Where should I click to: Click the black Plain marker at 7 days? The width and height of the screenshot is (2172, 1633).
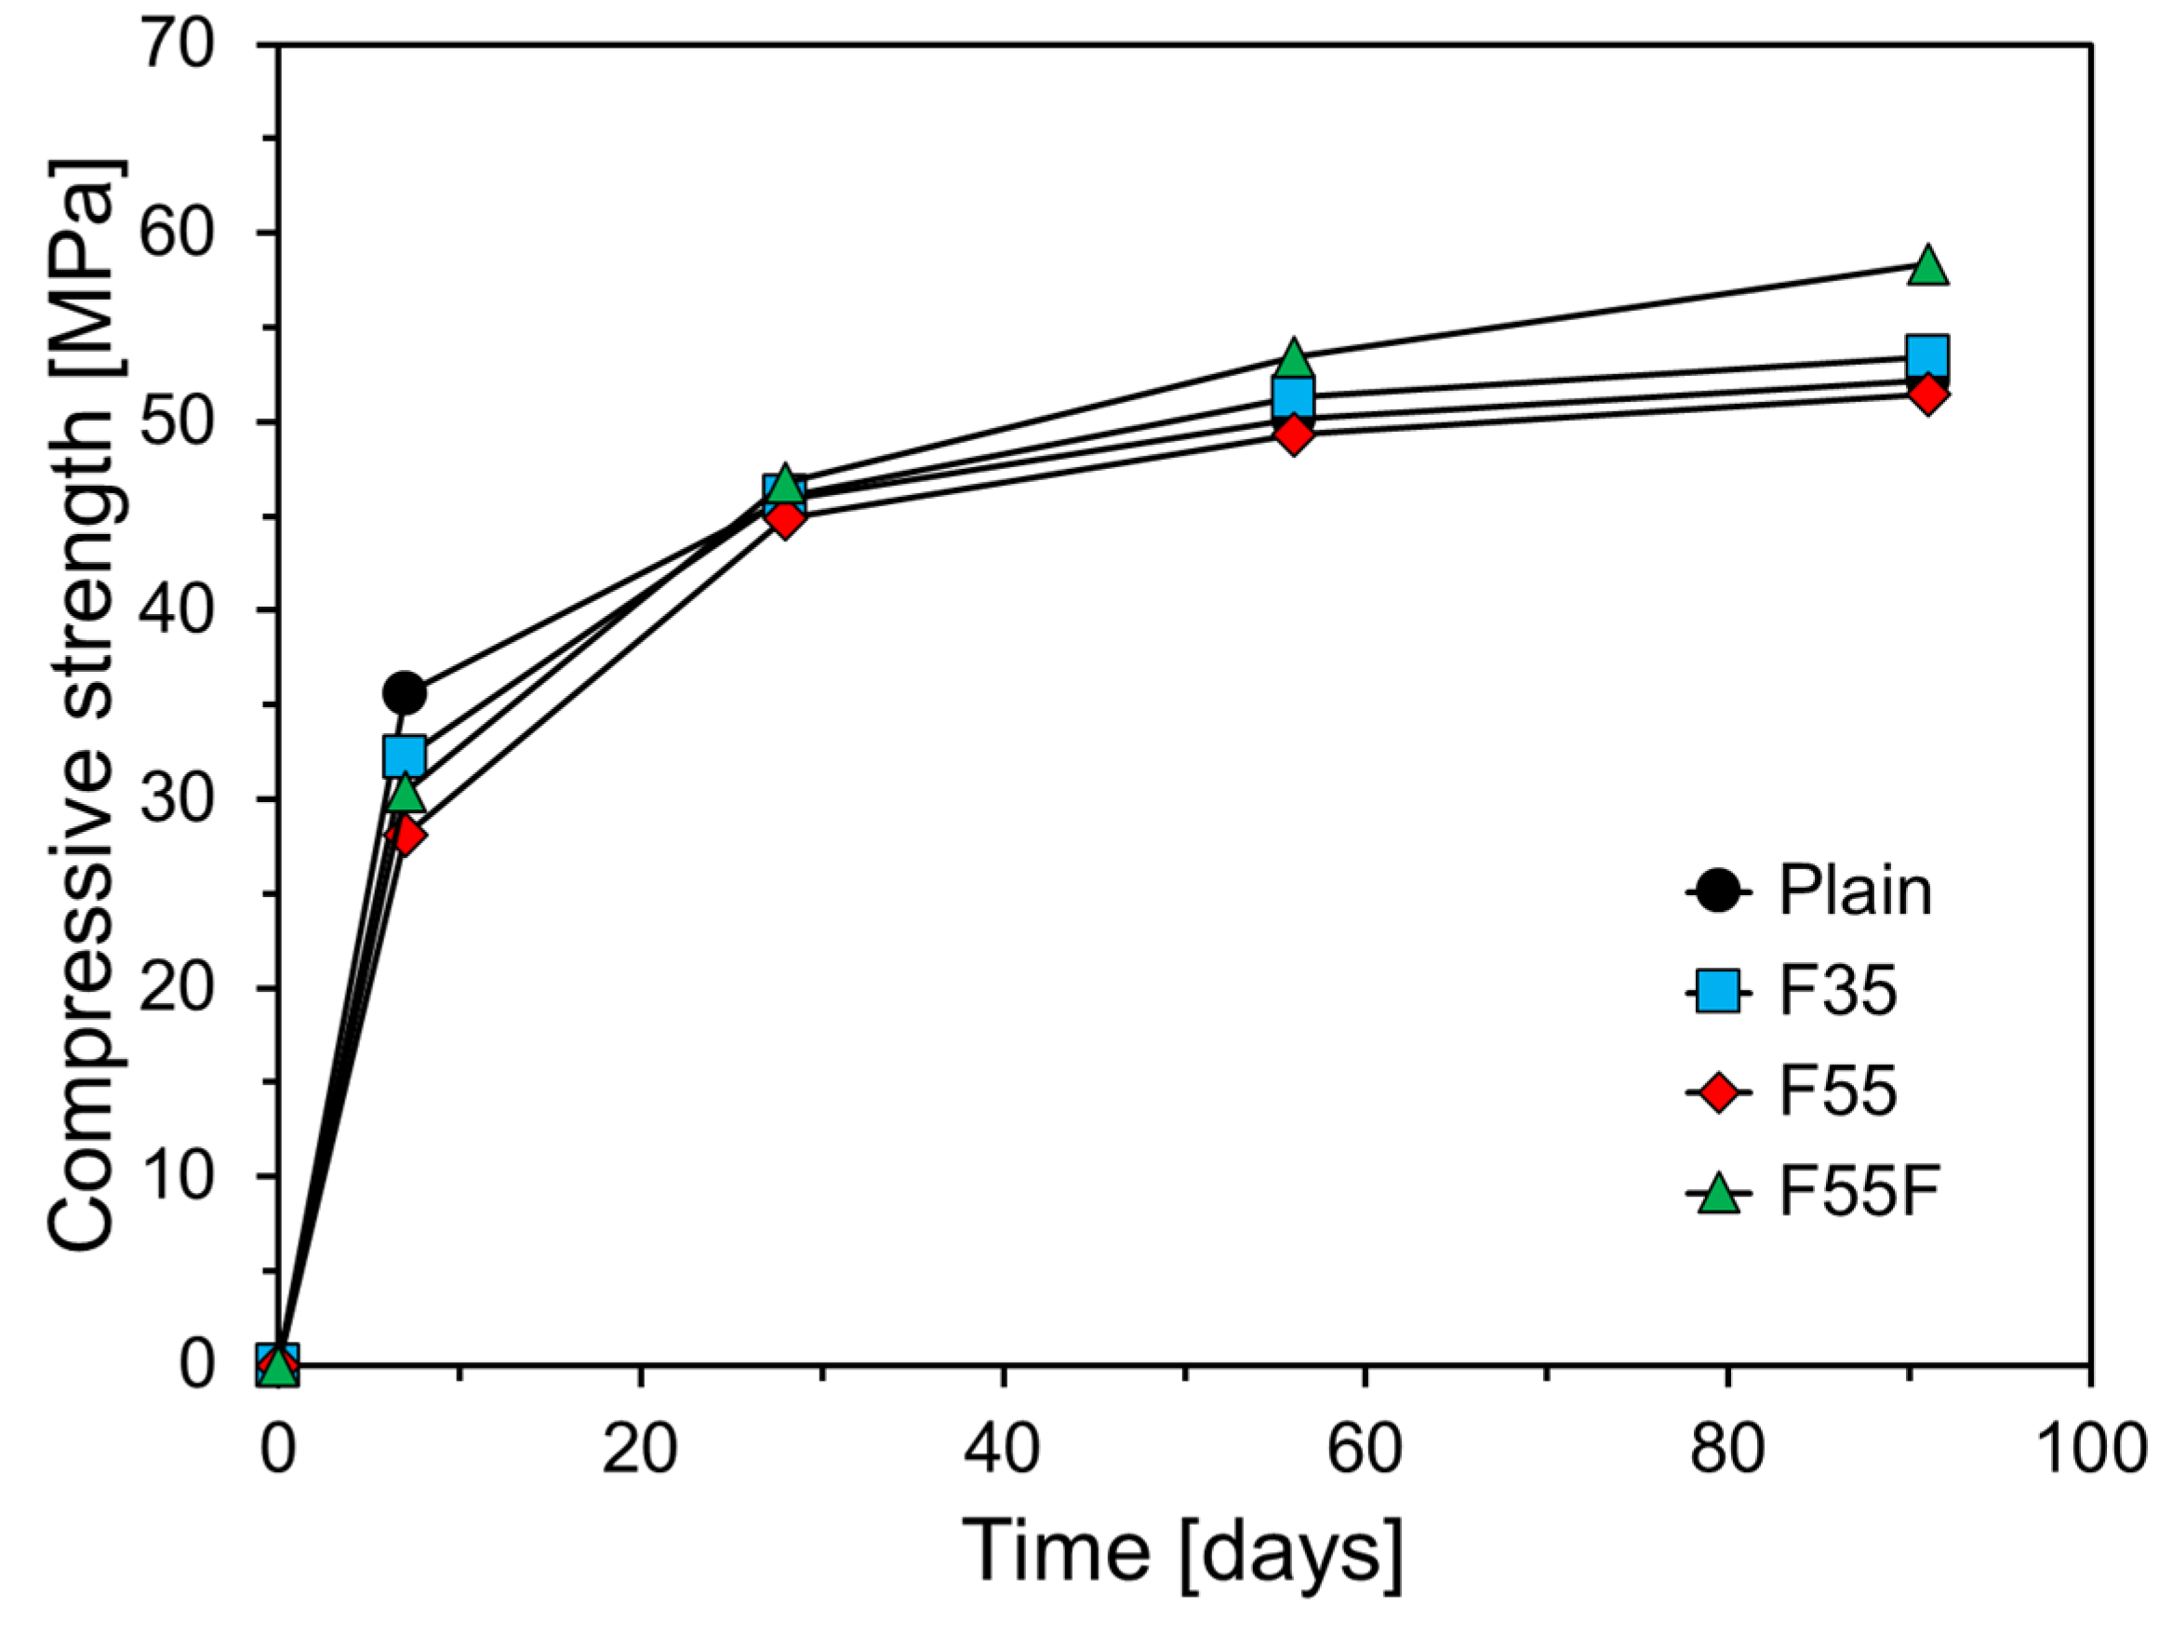click(404, 693)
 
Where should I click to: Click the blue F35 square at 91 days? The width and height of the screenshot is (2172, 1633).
click(1927, 355)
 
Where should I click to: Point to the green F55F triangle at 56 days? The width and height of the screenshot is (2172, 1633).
click(1294, 359)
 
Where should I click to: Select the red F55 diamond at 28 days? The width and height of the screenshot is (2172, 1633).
click(783, 517)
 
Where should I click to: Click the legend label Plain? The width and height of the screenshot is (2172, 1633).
click(1855, 891)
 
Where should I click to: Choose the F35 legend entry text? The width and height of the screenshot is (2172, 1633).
click(1837, 992)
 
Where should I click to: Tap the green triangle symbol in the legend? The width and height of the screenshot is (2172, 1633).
click(1717, 1194)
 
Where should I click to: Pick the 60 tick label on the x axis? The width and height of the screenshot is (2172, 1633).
click(1365, 1451)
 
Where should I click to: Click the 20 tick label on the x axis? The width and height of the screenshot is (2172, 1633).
click(640, 1451)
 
